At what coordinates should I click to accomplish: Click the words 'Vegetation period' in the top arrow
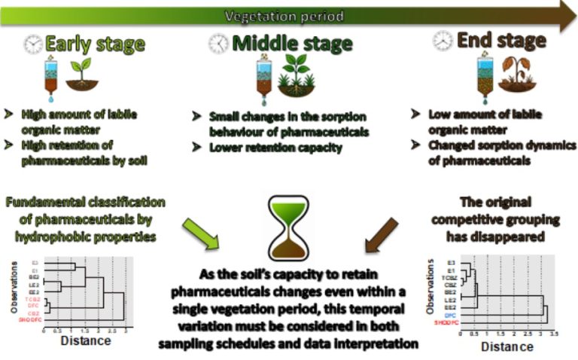(x=285, y=16)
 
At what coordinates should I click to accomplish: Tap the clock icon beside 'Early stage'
(x=34, y=44)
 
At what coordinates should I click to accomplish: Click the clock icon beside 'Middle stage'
(x=219, y=44)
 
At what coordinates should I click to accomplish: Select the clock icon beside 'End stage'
(x=443, y=42)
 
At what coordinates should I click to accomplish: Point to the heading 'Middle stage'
(x=292, y=44)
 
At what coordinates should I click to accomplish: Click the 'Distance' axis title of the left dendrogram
(x=84, y=340)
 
